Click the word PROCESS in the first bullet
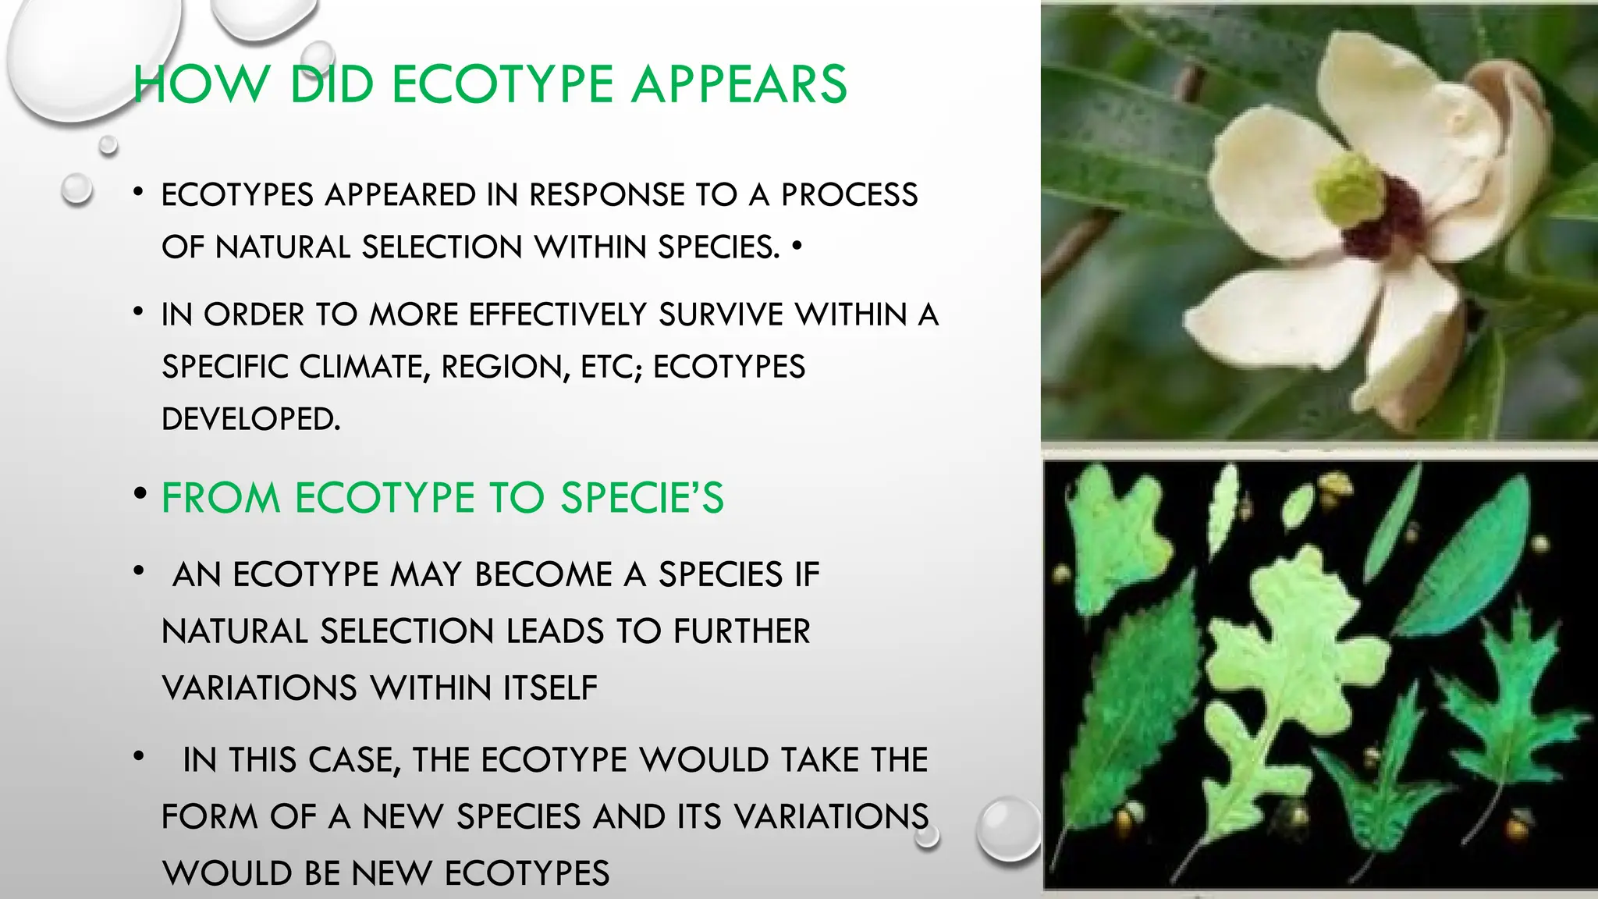[x=849, y=195]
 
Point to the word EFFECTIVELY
[x=557, y=315]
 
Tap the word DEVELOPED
[x=250, y=419]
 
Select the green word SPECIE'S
[x=642, y=498]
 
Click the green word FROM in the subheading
[x=221, y=498]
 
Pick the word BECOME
[x=543, y=575]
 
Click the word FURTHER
[x=741, y=631]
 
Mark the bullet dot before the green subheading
[x=140, y=494]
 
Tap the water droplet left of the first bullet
[x=76, y=190]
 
